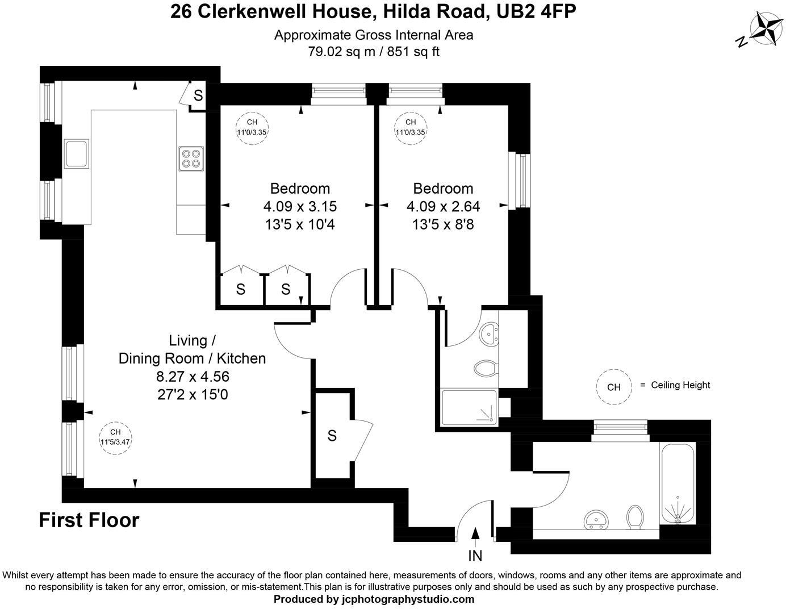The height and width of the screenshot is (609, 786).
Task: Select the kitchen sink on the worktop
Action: click(76, 153)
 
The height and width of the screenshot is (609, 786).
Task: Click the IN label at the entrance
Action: click(475, 556)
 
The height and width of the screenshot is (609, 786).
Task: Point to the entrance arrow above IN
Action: click(475, 534)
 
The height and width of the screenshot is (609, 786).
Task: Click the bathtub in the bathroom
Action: click(677, 483)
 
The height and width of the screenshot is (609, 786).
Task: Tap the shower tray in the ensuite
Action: click(469, 407)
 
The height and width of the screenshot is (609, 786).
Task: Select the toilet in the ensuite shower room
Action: click(486, 369)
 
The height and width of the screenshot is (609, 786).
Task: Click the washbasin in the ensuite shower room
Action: click(488, 334)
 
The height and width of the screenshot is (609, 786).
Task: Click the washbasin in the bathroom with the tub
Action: click(596, 519)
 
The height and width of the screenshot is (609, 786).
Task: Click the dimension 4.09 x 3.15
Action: click(300, 206)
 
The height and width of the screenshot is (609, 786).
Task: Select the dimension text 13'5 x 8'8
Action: click(443, 224)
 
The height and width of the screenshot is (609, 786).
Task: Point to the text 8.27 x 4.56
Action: click(193, 376)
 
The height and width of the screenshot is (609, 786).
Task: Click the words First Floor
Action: click(89, 520)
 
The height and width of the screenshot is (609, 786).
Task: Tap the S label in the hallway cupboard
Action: click(332, 436)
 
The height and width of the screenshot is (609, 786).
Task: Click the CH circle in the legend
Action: click(614, 387)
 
